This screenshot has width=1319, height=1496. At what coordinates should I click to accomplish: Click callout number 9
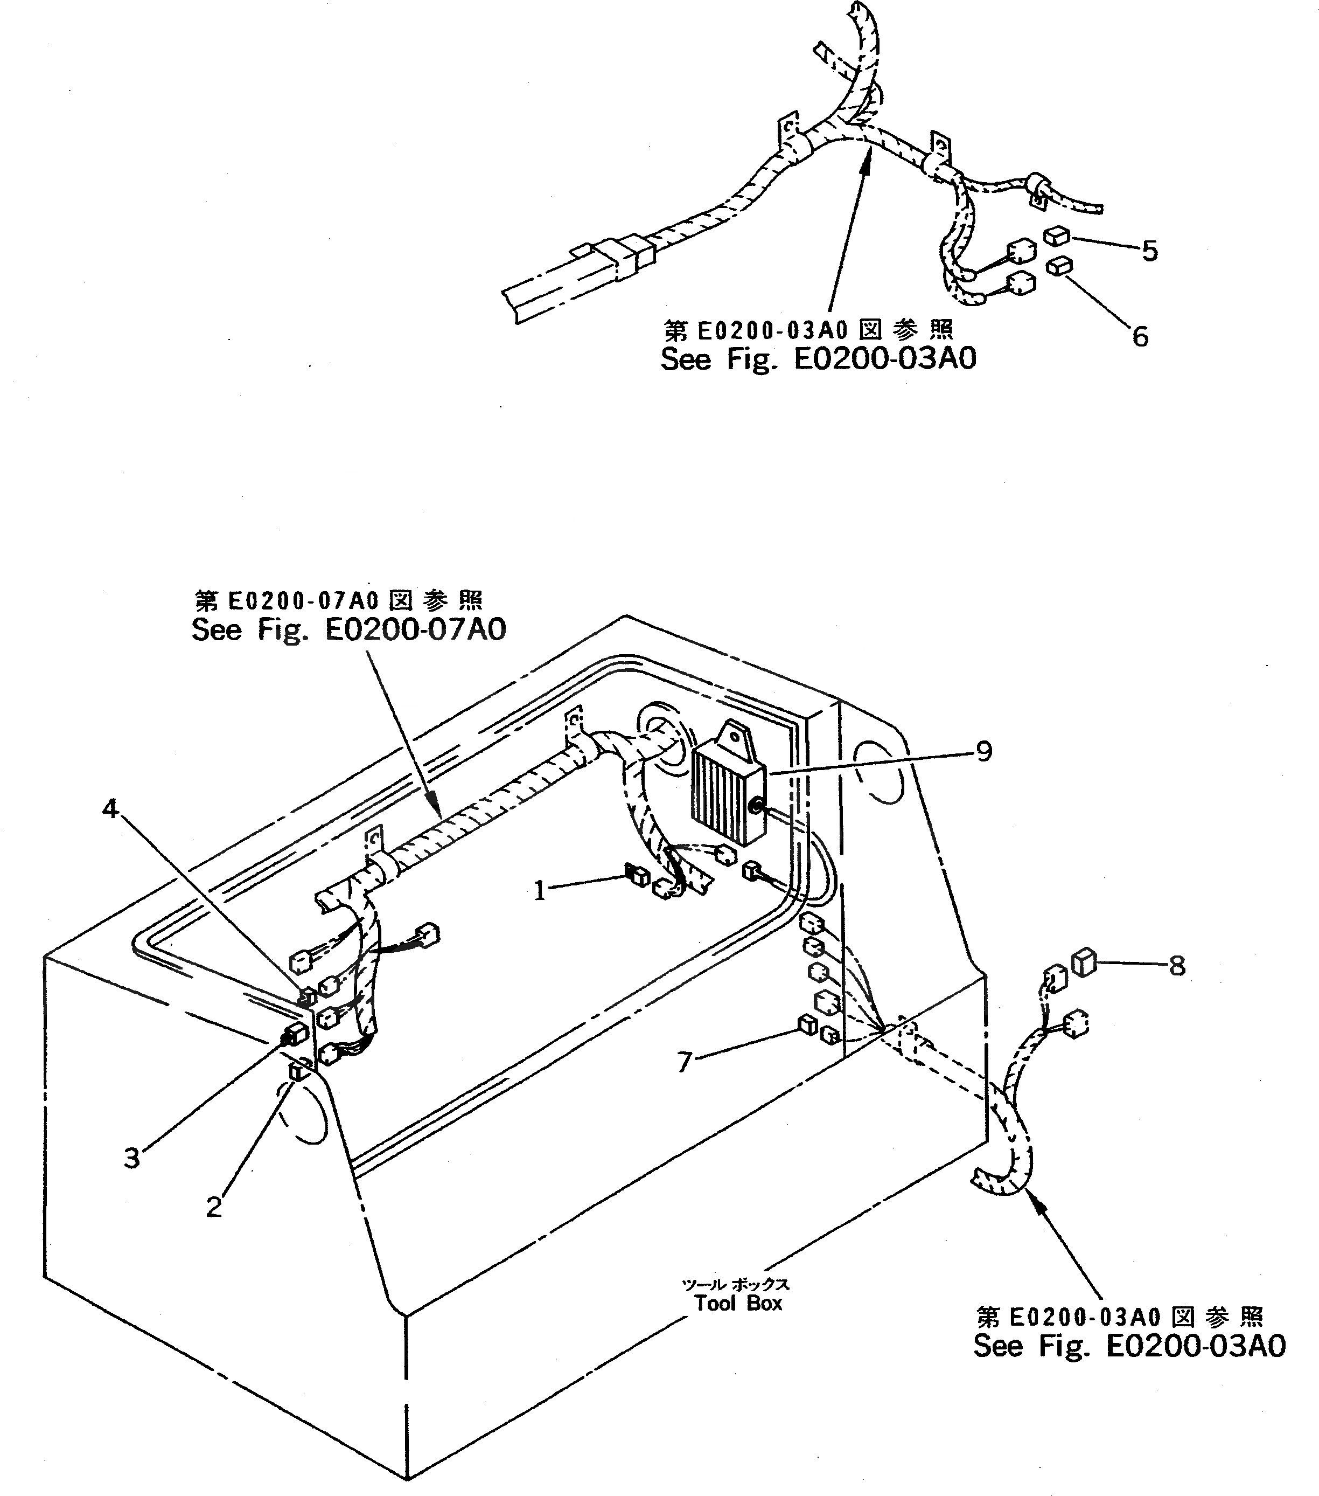(984, 751)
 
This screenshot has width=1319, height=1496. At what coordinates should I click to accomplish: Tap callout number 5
(1149, 252)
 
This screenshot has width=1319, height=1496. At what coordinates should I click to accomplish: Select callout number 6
(1140, 337)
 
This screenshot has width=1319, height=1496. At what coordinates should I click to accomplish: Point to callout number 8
(1176, 966)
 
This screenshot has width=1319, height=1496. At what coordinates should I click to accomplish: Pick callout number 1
(540, 891)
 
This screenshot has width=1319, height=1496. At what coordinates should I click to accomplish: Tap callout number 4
(110, 809)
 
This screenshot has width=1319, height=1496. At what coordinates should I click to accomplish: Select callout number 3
(131, 1159)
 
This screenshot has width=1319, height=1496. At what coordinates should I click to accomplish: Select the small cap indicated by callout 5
(1058, 236)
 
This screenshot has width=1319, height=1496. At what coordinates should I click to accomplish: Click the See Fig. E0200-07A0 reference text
(348, 629)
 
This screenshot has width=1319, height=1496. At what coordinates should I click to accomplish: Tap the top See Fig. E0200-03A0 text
(818, 359)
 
